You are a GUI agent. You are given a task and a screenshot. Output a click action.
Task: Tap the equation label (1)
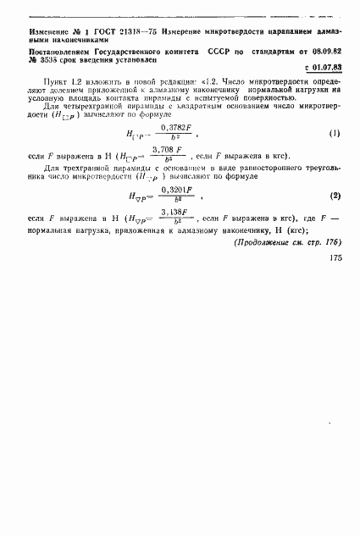point(334,134)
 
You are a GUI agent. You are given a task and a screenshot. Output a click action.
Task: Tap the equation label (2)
point(334,220)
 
